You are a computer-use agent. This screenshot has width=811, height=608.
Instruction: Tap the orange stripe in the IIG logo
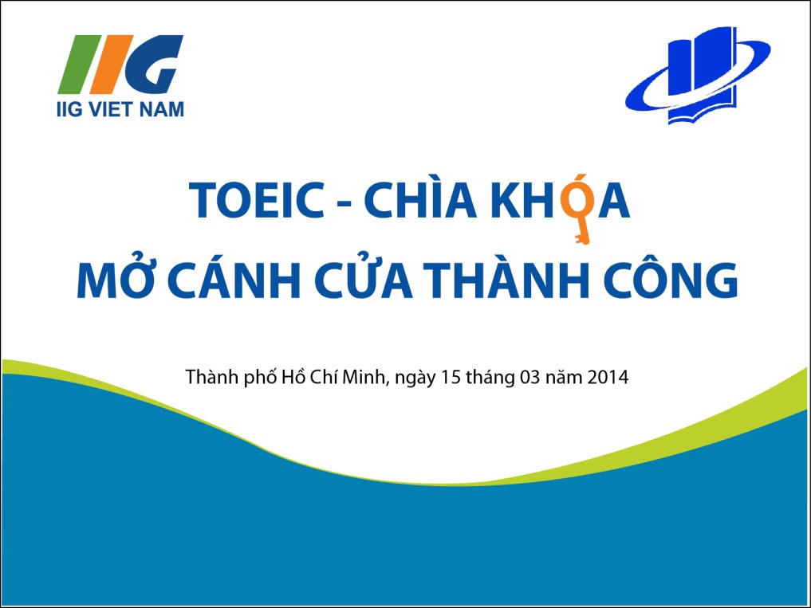pos(111,64)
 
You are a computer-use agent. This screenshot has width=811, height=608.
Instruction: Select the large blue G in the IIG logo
pos(154,64)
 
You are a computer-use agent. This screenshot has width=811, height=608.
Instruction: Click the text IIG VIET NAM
pos(120,109)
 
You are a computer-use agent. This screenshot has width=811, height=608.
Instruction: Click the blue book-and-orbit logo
pos(698,76)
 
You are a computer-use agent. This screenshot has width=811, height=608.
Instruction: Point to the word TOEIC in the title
pos(257,200)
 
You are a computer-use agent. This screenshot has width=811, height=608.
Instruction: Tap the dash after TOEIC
pos(344,204)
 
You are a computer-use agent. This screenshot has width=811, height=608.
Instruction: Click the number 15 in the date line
pos(451,377)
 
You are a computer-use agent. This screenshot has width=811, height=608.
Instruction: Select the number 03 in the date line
pos(530,377)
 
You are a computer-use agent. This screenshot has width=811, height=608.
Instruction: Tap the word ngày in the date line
pos(416,379)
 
